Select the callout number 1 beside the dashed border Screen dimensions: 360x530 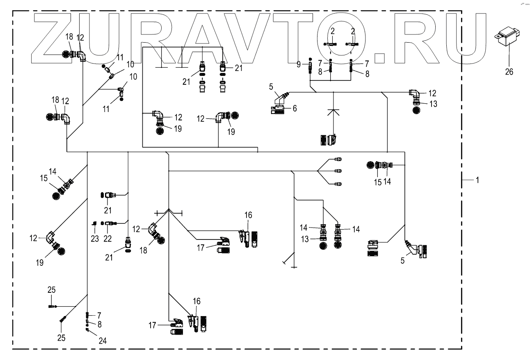pyautogui.click(x=477, y=180)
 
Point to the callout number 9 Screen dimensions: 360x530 pyautogui.click(x=299, y=64)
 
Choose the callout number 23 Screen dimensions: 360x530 pyautogui.click(x=95, y=238)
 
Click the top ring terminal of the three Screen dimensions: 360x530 pyautogui.click(x=339, y=159)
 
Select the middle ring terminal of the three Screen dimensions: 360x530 pyautogui.click(x=339, y=171)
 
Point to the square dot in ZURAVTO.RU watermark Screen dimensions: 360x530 pyautogui.click(x=380, y=57)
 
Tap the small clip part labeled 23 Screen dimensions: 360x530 pyautogui.click(x=94, y=223)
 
